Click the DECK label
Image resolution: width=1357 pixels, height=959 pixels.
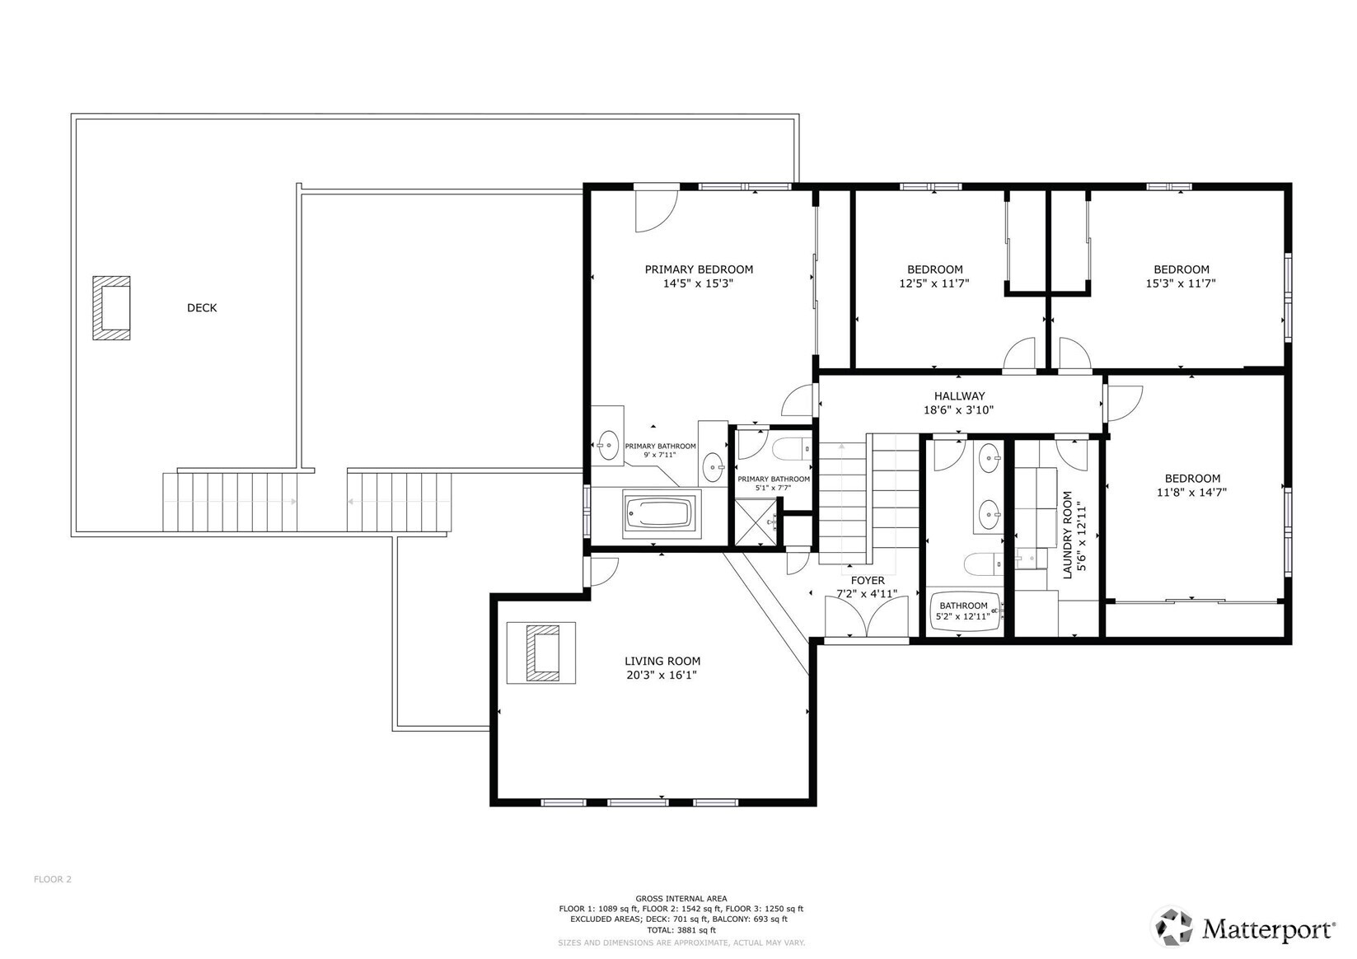click(202, 308)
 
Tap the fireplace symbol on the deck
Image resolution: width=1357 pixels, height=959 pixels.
click(111, 308)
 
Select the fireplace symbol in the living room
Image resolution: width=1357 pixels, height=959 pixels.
click(541, 653)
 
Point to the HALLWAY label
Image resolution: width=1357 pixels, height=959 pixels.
click(959, 396)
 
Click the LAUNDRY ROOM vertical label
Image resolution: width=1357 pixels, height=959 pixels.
click(1068, 536)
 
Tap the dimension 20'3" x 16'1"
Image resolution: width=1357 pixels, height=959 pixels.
click(662, 676)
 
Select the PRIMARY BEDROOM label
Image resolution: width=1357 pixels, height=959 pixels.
click(699, 269)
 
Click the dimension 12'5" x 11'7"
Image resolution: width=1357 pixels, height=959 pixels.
click(934, 283)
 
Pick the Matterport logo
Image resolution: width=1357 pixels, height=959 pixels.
click(1243, 929)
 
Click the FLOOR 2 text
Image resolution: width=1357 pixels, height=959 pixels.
click(53, 879)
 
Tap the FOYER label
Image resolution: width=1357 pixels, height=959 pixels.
click(868, 581)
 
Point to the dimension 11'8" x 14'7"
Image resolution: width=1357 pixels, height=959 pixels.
click(1192, 493)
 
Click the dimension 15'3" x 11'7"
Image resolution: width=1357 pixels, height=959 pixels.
click(1181, 283)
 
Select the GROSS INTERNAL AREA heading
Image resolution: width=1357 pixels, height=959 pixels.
click(681, 898)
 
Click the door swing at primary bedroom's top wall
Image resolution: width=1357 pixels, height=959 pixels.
click(655, 210)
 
